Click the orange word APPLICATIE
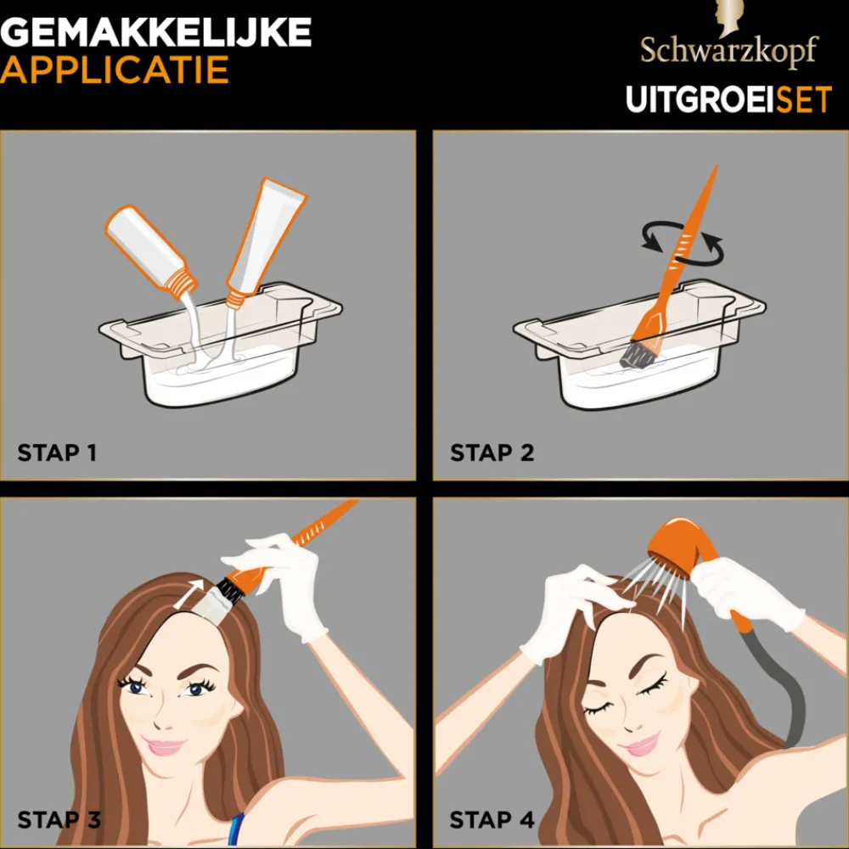tap(115, 70)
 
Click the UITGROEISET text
tap(728, 99)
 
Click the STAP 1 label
tap(57, 453)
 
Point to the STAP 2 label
tap(492, 453)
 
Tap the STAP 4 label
tap(492, 819)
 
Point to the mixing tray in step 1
tap(221, 357)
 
